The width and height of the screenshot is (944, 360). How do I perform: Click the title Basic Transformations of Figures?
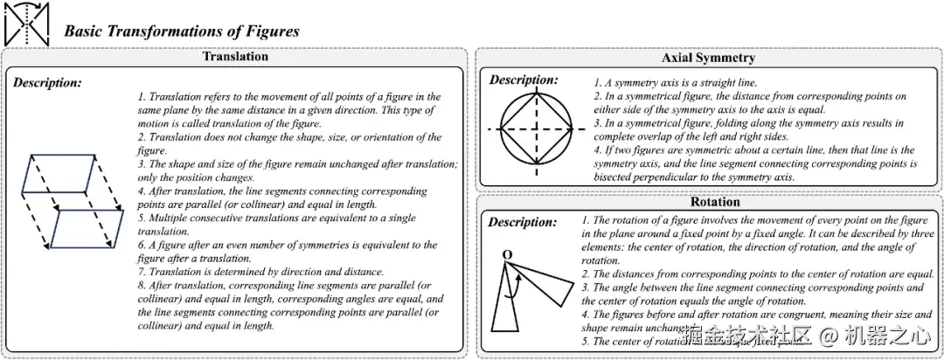point(182,31)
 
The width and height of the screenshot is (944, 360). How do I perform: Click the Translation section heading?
point(235,57)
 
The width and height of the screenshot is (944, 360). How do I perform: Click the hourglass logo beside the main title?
point(26,24)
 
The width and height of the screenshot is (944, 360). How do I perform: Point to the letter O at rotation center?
point(507,254)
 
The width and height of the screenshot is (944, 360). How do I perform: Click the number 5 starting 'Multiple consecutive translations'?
point(142,218)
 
